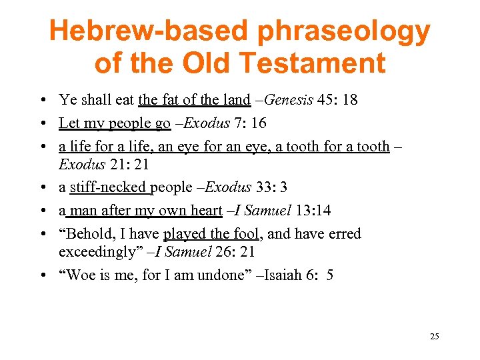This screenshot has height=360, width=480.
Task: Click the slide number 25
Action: point(435,336)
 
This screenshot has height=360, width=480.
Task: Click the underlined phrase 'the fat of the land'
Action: point(194,101)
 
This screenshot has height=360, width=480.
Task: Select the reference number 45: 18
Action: point(337,101)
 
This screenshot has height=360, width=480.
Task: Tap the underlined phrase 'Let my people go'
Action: point(115,123)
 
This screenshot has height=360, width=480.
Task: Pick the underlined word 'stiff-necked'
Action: point(110,188)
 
